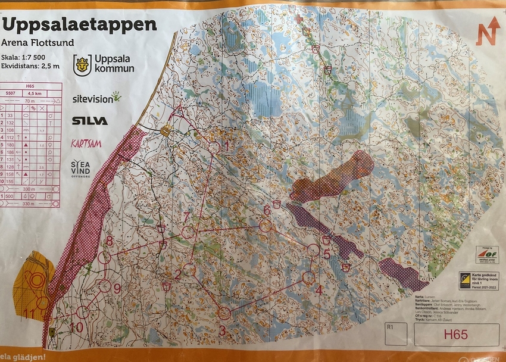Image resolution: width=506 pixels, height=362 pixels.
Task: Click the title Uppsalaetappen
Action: tap(80, 24)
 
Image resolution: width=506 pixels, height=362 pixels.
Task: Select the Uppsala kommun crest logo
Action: tap(82, 65)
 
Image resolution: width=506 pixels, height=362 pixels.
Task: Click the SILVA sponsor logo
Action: tap(90, 121)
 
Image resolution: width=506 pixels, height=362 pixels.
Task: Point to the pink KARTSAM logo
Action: tap(86, 143)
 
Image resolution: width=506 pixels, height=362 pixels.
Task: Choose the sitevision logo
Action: tap(96, 98)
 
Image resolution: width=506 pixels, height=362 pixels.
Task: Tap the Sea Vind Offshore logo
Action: tap(81, 168)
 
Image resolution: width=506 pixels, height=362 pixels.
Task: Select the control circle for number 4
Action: tap(308, 277)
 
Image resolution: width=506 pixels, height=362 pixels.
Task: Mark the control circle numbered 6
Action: tap(266, 226)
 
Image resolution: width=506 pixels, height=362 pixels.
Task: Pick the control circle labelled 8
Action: tap(105, 257)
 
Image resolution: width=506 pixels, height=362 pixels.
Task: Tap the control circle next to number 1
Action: tap(214, 147)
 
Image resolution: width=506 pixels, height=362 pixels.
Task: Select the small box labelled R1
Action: tap(396, 334)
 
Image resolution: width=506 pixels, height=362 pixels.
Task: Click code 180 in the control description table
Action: tap(10, 145)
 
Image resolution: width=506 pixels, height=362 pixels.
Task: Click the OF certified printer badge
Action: tap(487, 255)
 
